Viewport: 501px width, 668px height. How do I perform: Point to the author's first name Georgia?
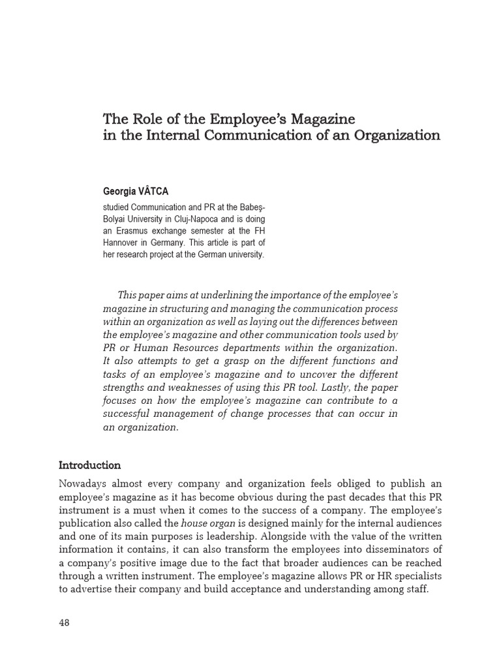pos(121,192)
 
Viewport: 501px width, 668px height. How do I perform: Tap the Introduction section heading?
pos(89,465)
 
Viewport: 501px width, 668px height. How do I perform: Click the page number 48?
pos(64,622)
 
